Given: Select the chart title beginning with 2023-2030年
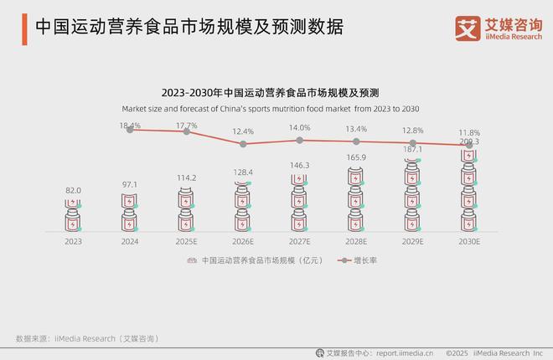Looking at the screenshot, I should tap(276, 92).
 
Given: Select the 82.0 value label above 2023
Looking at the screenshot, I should tap(74, 191).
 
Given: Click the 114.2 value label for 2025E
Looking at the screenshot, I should tap(186, 177).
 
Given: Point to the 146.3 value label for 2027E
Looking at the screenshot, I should tap(299, 166).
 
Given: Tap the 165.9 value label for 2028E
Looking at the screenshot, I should tap(356, 157).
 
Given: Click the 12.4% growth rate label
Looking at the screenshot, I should tap(243, 131).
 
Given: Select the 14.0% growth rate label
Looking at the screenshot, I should tap(299, 128).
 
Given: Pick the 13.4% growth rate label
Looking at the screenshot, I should tap(356, 129).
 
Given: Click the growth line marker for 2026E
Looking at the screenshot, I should tap(243, 144).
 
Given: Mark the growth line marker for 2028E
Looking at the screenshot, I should tap(356, 141).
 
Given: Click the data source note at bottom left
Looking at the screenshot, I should tap(86, 337).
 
